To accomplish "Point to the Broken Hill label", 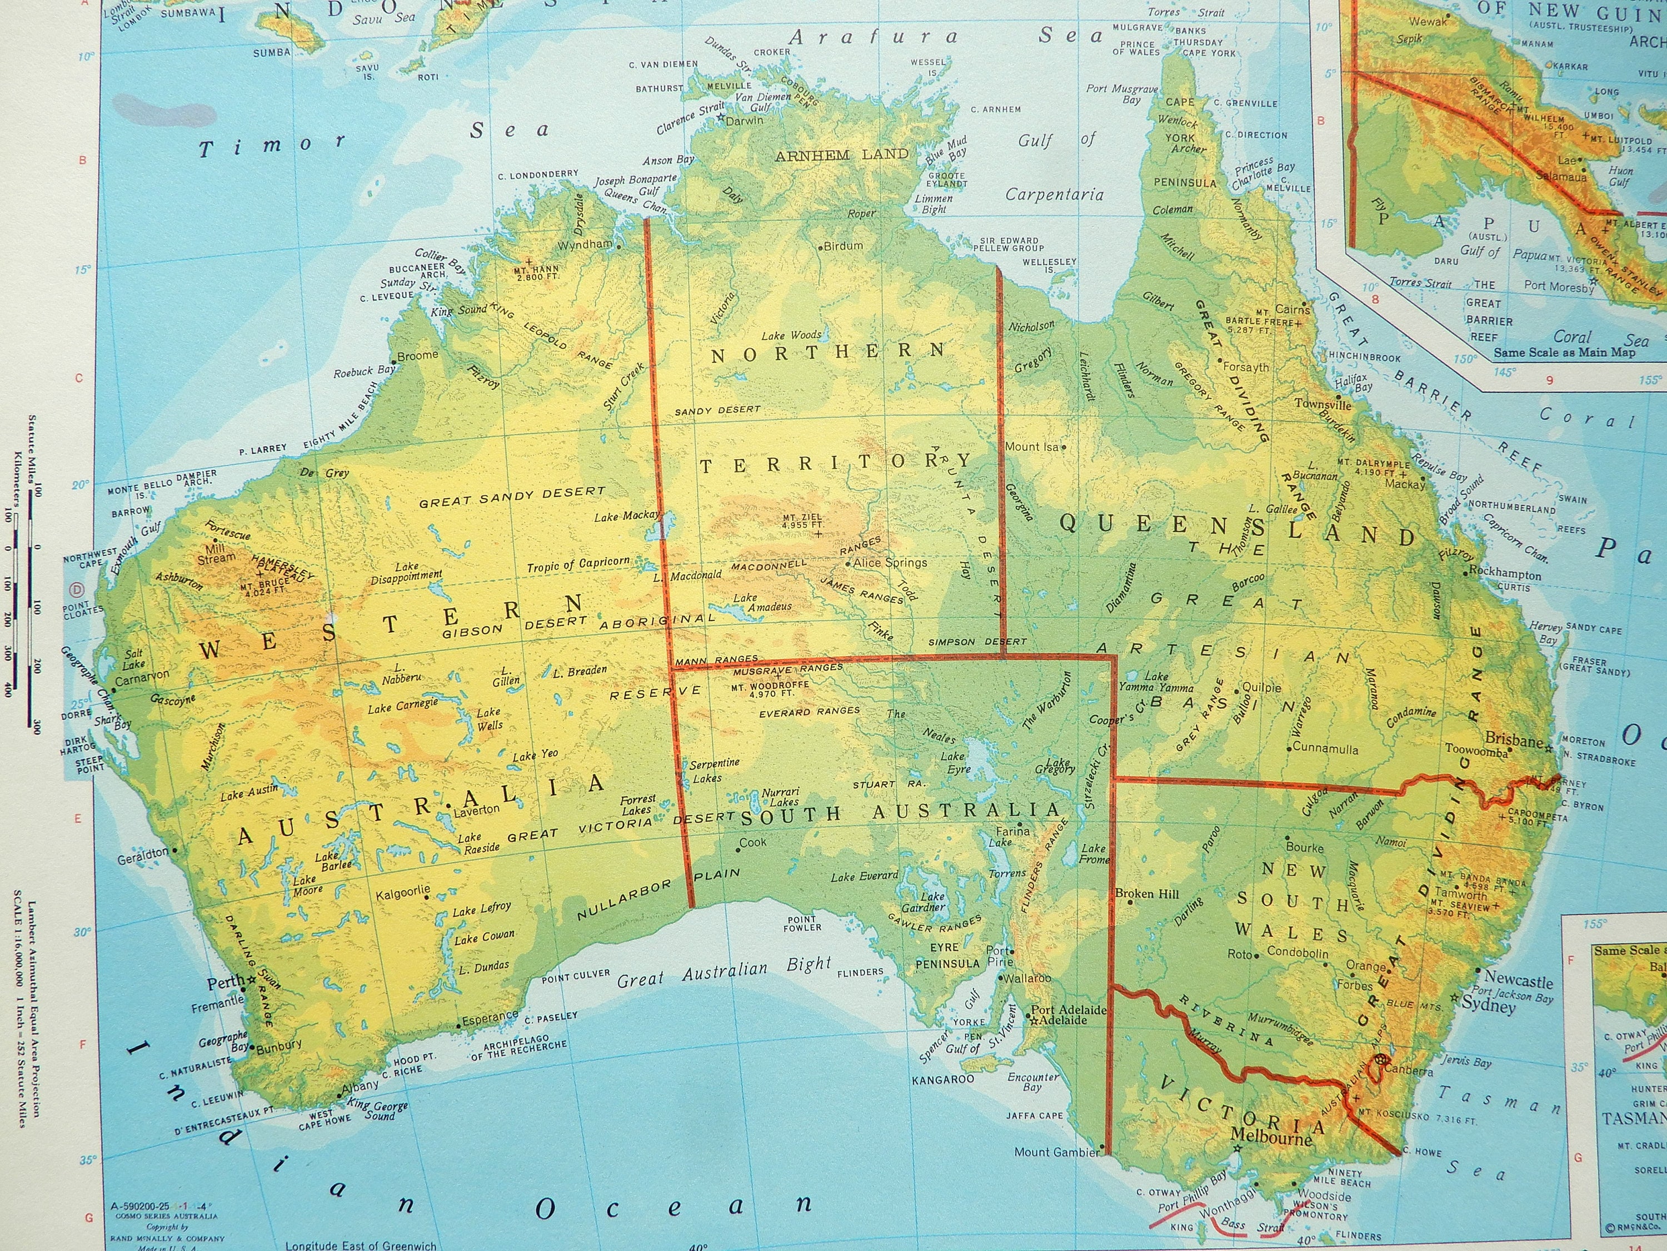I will click(1146, 893).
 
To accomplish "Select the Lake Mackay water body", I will click(651, 528).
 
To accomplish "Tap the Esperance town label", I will click(490, 1018).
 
